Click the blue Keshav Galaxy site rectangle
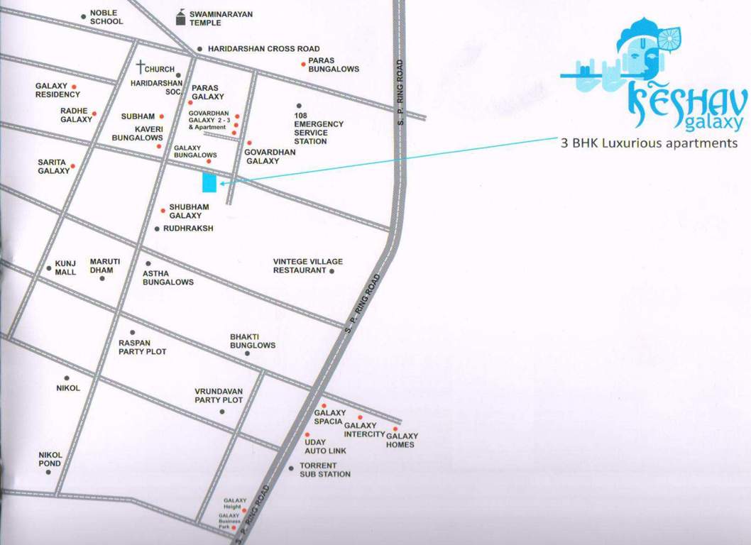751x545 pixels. (209, 182)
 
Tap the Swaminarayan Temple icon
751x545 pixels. (182, 18)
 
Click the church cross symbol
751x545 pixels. (142, 68)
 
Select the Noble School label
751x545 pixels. (106, 17)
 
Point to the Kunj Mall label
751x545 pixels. (65, 268)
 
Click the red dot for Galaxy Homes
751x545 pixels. (395, 429)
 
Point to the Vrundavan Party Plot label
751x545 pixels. (219, 395)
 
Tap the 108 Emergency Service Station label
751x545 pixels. (319, 128)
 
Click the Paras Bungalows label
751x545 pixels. (333, 65)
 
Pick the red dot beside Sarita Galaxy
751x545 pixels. (72, 166)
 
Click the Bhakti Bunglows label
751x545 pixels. (253, 341)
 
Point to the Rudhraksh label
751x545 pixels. (188, 229)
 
